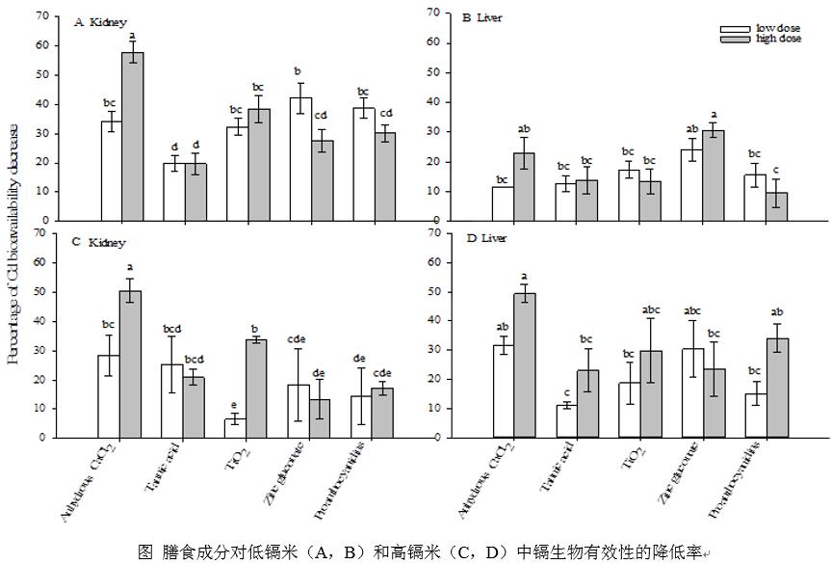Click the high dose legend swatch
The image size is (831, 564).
point(737,39)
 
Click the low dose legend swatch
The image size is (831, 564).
point(737,29)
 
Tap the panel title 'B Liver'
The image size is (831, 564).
point(482,18)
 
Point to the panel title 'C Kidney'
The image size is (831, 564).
point(99,242)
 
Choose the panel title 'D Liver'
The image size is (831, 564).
point(483,238)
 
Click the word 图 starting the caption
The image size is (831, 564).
point(145,551)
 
